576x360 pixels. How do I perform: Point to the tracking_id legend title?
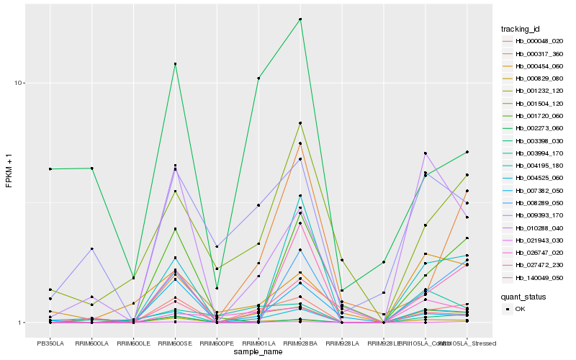tap(521, 29)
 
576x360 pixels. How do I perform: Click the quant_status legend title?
tap(523, 296)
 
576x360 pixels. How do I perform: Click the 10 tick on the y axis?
tap(19, 83)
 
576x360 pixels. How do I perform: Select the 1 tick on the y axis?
tap(22, 323)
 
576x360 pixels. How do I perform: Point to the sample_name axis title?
tap(258, 351)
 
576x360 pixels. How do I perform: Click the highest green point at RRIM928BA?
tap(300, 19)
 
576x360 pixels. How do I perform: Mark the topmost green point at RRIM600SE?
tap(175, 64)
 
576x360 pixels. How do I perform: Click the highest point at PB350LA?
tap(50, 168)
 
